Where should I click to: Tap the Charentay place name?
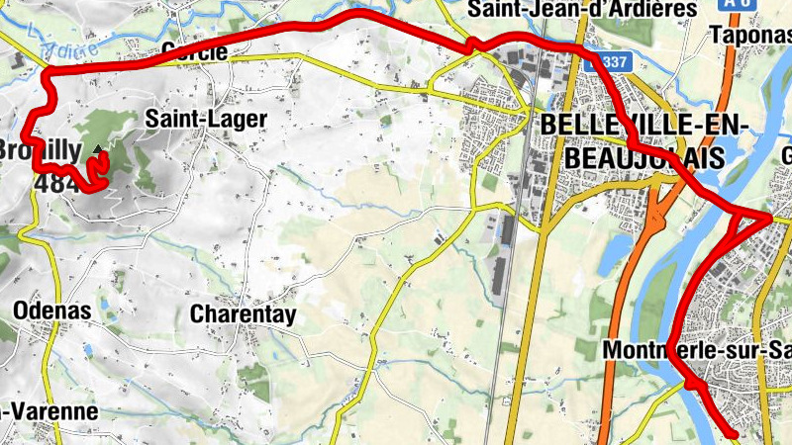(x=243, y=313)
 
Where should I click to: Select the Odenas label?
(x=51, y=311)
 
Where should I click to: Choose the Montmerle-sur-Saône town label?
(x=693, y=350)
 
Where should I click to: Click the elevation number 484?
(x=52, y=183)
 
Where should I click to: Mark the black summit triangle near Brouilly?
(x=98, y=150)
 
